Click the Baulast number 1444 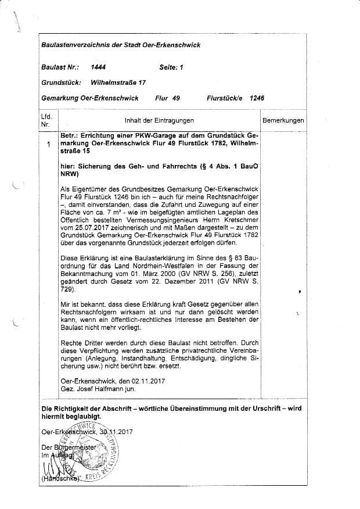pos(99,67)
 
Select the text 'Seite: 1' pos(171,67)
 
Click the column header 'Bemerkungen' pos(283,120)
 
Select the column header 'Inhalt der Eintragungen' pos(159,120)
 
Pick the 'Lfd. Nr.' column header pos(46,120)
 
